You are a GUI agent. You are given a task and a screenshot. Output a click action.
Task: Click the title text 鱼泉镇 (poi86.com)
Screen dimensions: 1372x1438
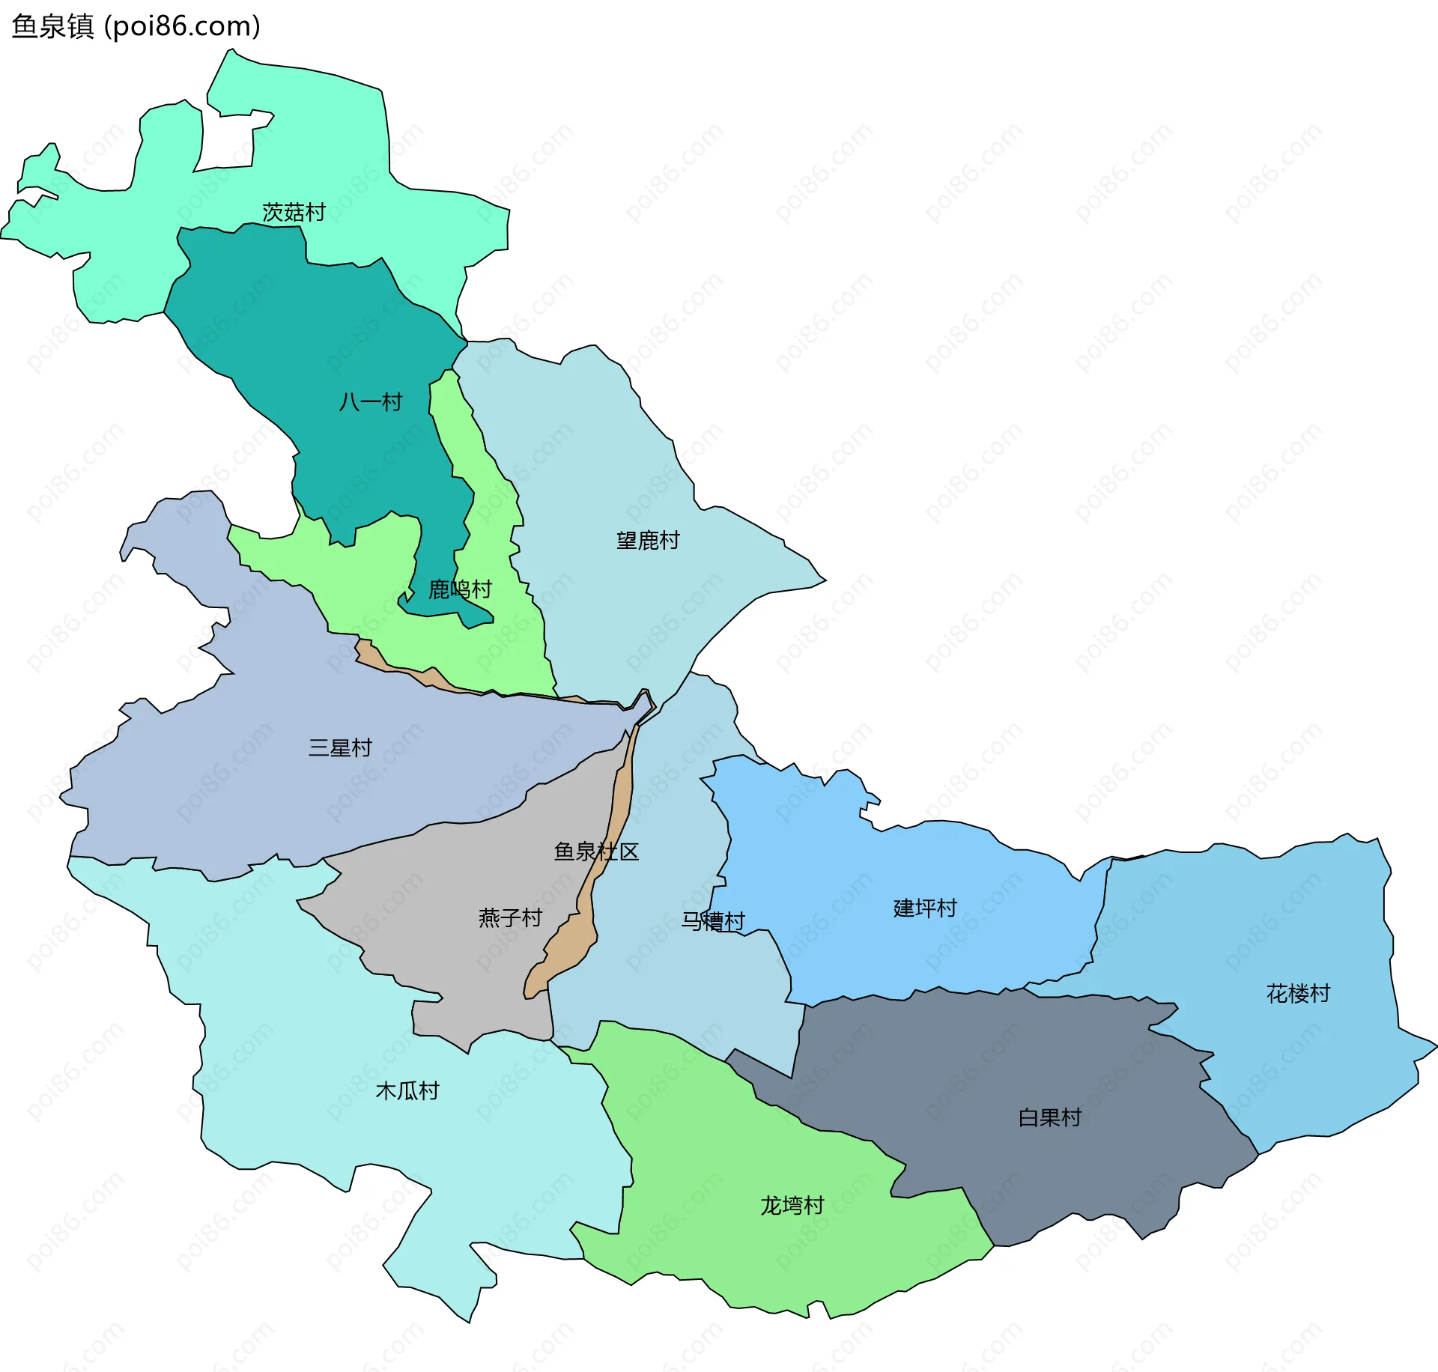(136, 26)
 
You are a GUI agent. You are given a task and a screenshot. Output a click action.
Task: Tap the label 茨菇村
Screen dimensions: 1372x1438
(294, 213)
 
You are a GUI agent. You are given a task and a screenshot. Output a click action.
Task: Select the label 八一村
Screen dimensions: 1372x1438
(370, 402)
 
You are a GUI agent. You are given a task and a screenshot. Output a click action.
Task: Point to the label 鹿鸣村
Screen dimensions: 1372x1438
(460, 589)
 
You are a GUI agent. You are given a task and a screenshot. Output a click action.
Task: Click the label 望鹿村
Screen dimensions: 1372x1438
(648, 540)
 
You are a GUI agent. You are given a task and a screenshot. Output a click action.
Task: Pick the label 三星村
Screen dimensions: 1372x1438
(340, 747)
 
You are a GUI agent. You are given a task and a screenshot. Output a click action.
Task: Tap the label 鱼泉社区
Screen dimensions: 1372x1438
(596, 852)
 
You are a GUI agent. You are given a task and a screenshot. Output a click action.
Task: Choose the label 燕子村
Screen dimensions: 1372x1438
(510, 917)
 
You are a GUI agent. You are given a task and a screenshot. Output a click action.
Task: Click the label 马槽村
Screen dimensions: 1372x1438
(713, 921)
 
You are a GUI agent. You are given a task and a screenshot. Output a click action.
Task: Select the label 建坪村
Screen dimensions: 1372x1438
(925, 908)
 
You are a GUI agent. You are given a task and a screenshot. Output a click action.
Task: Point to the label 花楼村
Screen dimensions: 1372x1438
(1298, 994)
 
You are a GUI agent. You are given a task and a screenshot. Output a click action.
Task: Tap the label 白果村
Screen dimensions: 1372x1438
(1050, 1117)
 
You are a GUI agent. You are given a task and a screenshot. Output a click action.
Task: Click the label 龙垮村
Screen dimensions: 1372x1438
(792, 1205)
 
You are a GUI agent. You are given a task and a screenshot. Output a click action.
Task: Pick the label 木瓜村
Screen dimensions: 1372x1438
(407, 1090)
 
